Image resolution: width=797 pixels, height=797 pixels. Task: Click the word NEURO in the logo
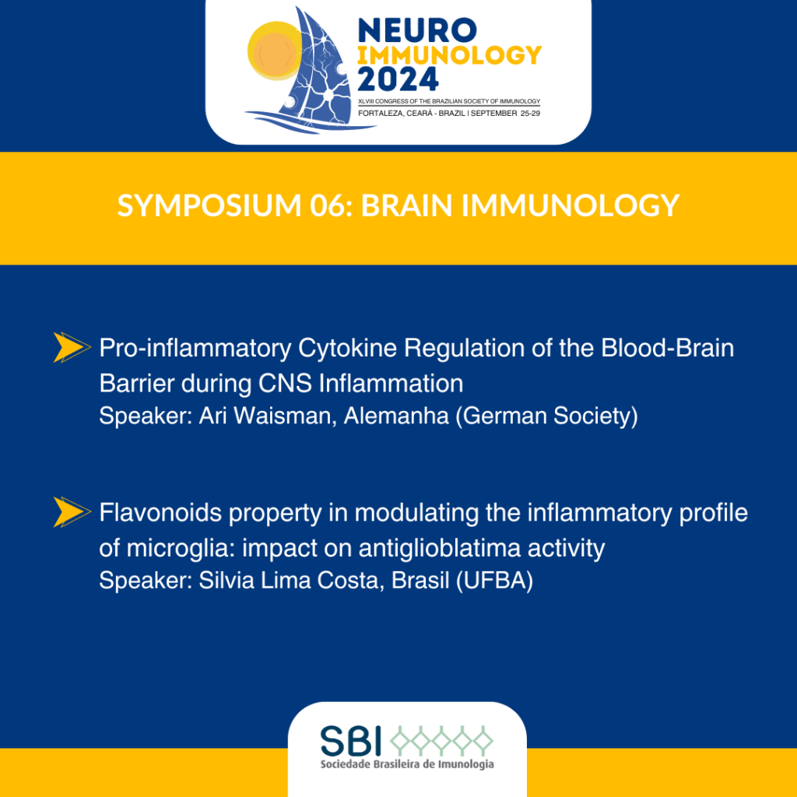point(418,30)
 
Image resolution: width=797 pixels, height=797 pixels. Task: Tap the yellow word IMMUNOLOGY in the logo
point(449,55)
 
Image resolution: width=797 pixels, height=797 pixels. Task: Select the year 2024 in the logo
point(398,79)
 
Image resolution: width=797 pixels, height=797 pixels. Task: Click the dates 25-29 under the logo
point(530,114)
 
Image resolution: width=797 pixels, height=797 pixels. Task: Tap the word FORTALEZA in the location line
point(381,114)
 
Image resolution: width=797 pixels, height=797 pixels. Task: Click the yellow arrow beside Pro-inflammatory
point(72,347)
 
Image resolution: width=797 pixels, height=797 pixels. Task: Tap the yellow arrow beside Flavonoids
point(72,512)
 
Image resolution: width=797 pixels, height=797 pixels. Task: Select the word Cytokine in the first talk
point(347,349)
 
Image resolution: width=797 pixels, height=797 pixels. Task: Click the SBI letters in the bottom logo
point(351,741)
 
